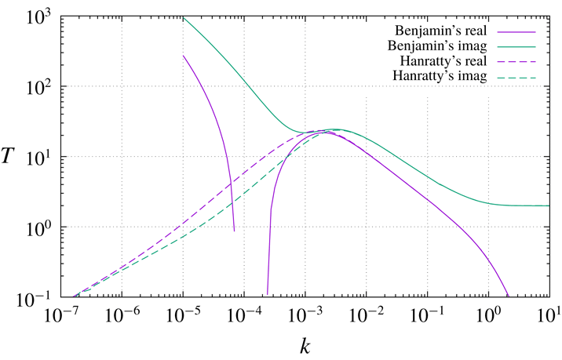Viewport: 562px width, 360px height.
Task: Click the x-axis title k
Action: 305,344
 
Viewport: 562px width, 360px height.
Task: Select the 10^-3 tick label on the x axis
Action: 305,315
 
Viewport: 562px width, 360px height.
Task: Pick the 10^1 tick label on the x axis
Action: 550,315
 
